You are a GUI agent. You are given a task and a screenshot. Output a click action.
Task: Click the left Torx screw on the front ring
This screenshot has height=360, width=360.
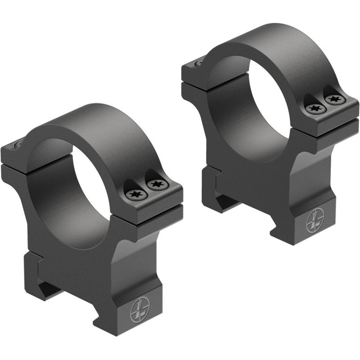[135, 194]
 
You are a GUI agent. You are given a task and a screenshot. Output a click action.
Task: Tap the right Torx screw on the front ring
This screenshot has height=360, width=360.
[156, 184]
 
